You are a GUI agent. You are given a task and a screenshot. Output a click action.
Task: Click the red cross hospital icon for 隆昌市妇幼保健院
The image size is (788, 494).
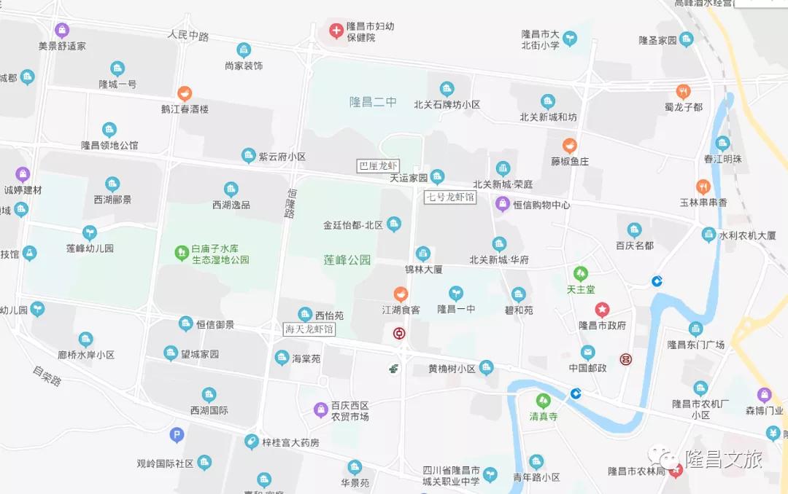336,31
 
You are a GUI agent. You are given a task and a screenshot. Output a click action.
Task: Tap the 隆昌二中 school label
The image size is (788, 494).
373,102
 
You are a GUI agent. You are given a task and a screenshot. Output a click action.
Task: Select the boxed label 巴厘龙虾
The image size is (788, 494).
378,166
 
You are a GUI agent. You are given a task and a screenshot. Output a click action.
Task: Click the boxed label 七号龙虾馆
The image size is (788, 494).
450,197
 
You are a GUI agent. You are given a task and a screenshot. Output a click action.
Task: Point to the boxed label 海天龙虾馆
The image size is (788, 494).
309,329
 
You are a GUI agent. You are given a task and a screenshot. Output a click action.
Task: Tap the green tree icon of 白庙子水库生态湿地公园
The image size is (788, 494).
181,253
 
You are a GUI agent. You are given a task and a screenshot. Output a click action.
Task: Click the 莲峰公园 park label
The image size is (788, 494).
347,259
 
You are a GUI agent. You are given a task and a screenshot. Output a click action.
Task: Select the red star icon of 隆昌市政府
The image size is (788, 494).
602,310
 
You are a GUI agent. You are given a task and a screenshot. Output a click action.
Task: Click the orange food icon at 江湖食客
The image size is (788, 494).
401,294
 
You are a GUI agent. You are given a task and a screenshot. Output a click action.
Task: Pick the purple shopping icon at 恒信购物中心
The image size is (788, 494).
503,204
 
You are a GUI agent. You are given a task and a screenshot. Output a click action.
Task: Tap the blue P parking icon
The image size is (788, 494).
177,436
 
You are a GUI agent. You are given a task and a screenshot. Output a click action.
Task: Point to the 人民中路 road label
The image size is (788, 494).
188,35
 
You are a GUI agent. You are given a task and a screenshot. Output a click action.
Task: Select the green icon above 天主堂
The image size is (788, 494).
581,273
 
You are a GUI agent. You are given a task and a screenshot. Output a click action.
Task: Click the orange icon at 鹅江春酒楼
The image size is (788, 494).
185,93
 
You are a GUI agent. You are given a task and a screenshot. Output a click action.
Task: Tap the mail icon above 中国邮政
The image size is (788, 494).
588,353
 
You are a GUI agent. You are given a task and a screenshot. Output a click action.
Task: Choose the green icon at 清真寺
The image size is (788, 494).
543,401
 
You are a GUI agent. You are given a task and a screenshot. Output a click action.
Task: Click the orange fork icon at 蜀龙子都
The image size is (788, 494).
683,91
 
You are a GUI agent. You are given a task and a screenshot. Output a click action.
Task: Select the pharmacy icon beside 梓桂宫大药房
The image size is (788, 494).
252,442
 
